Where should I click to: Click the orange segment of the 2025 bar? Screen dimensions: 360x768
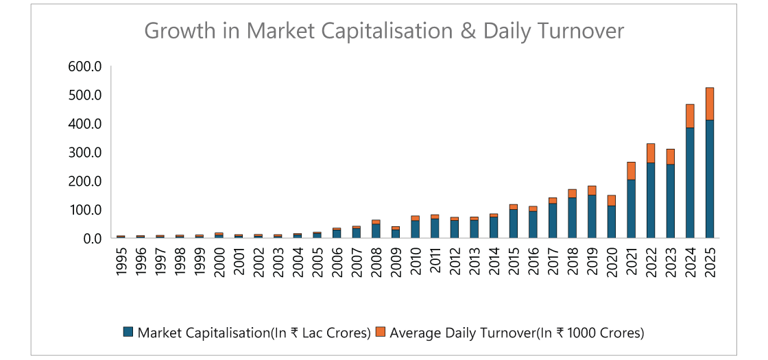[x=710, y=104]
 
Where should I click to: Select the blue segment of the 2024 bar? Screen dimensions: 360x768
[x=690, y=182]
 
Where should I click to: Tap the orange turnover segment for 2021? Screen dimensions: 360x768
[x=631, y=171]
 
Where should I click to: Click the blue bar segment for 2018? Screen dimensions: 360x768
[x=572, y=217]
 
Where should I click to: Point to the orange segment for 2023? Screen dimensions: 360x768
[x=670, y=156]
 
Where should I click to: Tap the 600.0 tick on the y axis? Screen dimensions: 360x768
[x=85, y=67]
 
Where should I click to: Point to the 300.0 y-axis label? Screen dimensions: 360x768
[x=85, y=152]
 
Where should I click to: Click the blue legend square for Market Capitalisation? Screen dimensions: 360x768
[x=128, y=333]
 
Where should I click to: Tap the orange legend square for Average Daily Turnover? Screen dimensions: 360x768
[x=381, y=333]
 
